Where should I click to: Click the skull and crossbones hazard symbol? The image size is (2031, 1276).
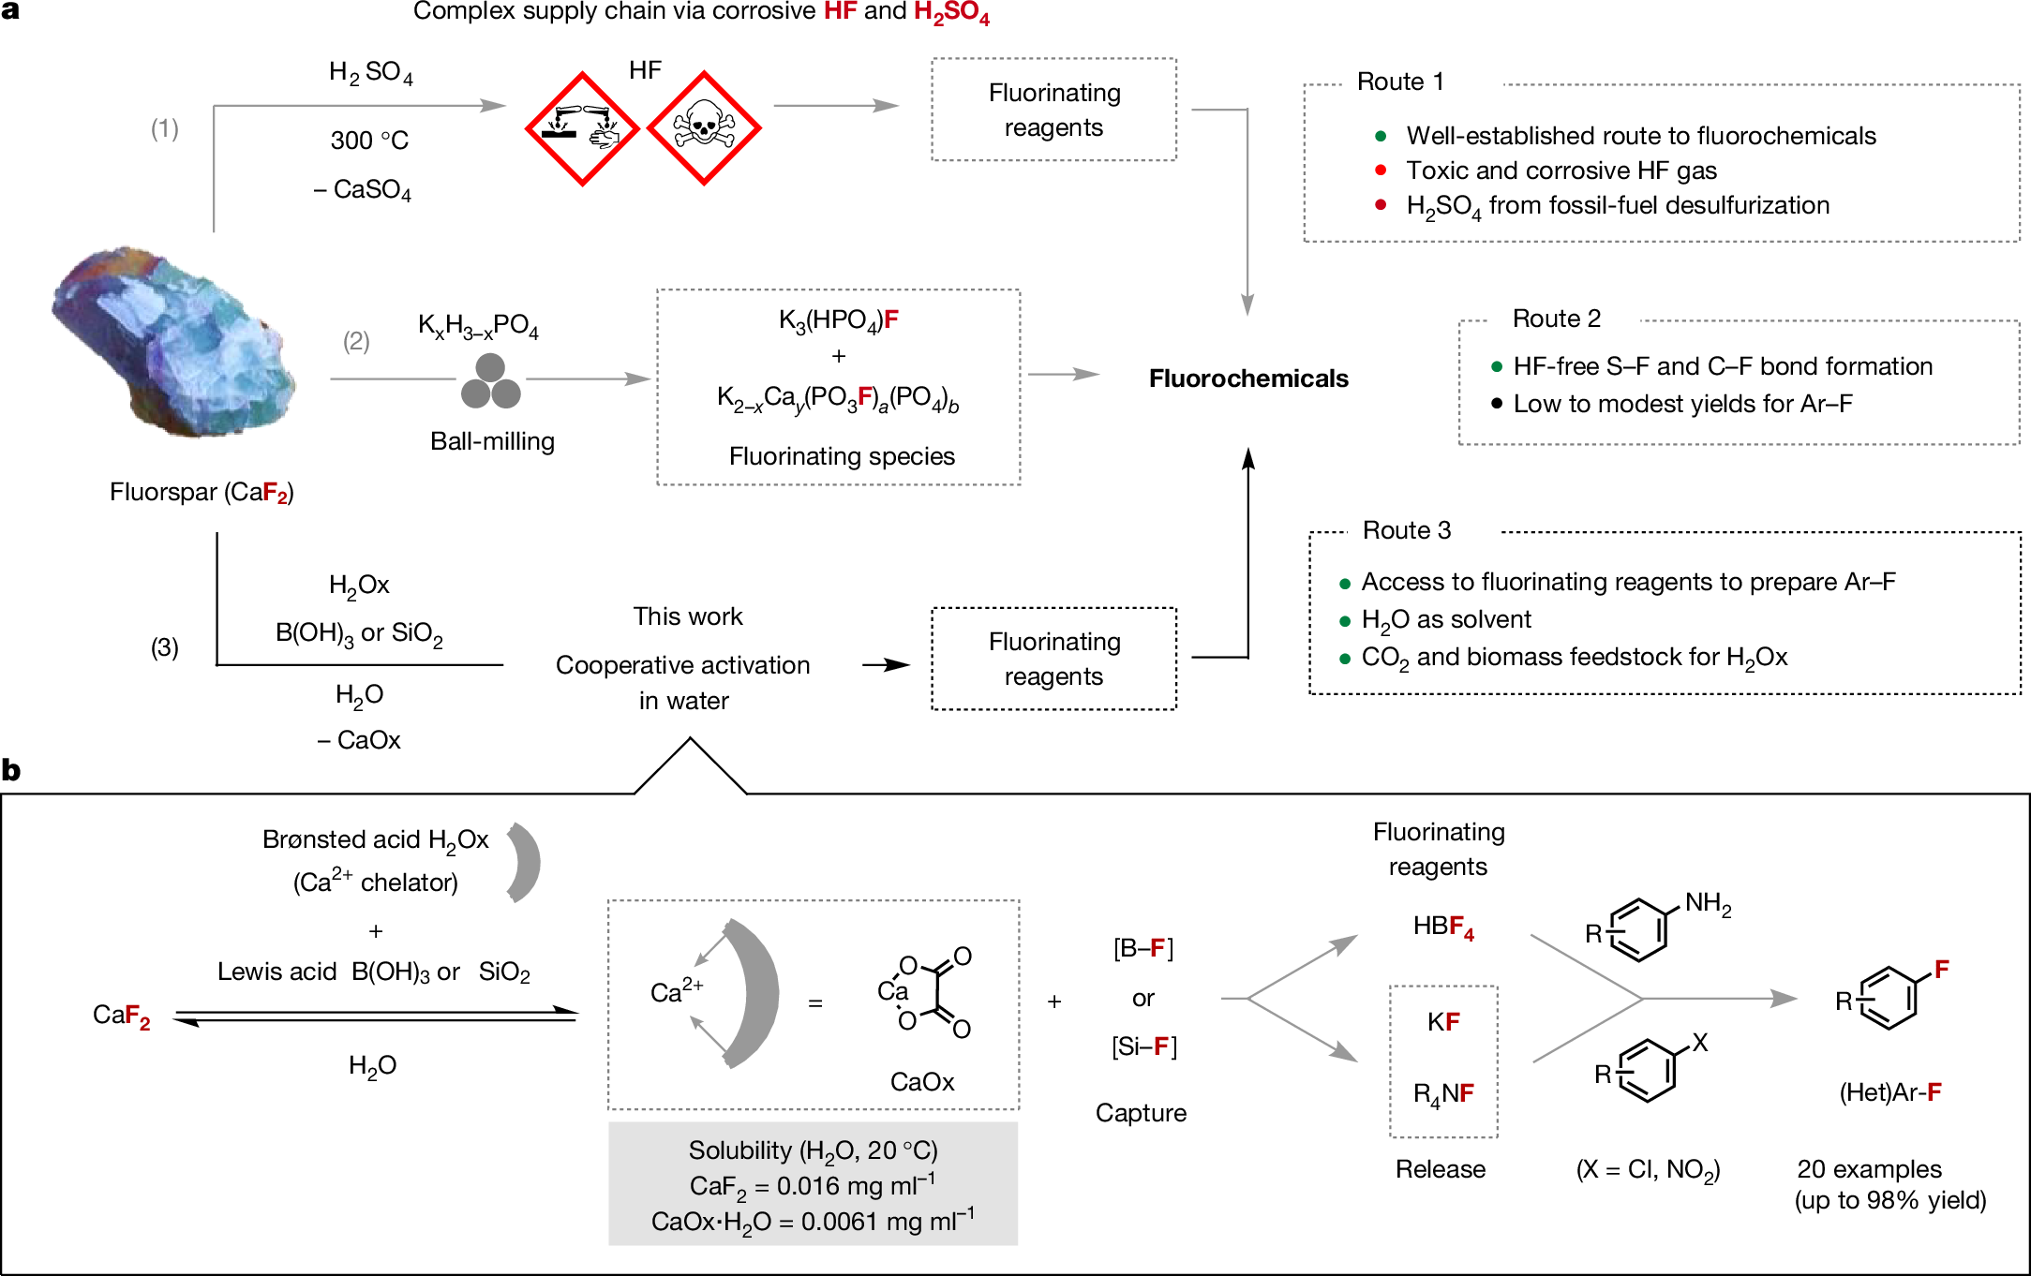[x=703, y=128]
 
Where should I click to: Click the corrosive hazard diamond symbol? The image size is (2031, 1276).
[x=582, y=128]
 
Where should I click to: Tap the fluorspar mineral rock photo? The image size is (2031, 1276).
[x=174, y=342]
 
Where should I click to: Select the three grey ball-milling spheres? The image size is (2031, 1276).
[x=490, y=381]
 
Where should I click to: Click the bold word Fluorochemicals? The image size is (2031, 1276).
[x=1247, y=378]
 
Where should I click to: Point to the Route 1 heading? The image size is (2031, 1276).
[x=1399, y=82]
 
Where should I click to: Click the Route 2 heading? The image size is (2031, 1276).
[x=1556, y=319]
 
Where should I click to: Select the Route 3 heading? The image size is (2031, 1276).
[x=1406, y=531]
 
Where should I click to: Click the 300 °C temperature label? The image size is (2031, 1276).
[x=369, y=141]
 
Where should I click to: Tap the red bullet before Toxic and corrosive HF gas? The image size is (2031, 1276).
[x=1380, y=171]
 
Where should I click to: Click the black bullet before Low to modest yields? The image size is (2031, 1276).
[x=1496, y=404]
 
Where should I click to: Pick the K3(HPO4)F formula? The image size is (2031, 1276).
[x=838, y=320]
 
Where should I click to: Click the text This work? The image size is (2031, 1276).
[x=687, y=616]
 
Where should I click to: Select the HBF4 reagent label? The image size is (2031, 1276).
[x=1442, y=927]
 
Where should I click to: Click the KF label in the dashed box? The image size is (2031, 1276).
[x=1442, y=1022]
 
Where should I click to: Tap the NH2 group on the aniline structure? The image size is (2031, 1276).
[x=1707, y=904]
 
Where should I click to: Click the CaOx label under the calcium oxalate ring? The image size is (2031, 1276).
[x=921, y=1082]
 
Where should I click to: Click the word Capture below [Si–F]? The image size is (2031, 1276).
[x=1140, y=1113]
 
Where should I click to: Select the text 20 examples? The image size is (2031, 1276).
[x=1868, y=1169]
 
